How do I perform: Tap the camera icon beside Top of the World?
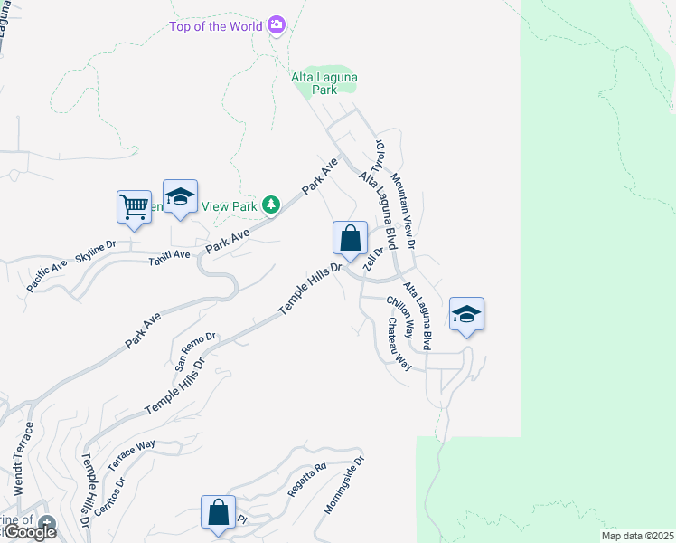click(277, 25)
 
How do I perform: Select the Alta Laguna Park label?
click(324, 83)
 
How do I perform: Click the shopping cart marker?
click(134, 206)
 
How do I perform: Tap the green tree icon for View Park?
click(270, 205)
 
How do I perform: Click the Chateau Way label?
click(399, 344)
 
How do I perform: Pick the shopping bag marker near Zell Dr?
click(351, 239)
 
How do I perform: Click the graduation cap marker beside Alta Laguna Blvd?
click(466, 315)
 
